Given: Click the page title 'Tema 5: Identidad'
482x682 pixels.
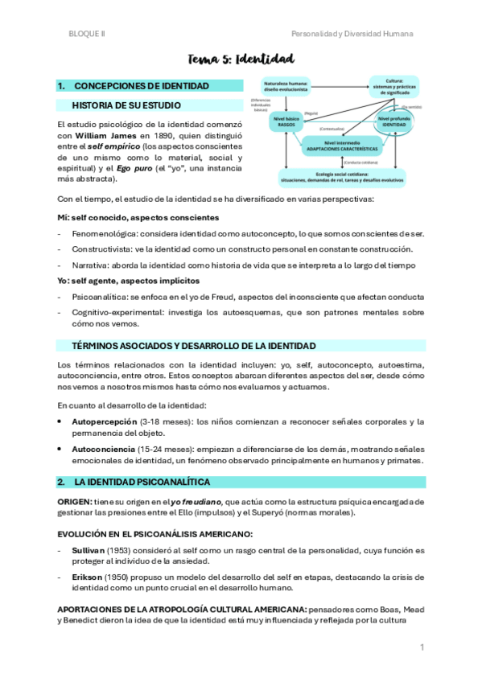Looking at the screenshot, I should tap(241, 59).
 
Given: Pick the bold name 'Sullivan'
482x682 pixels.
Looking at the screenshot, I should tap(89, 550).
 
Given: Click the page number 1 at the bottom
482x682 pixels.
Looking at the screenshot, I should tap(421, 647).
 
